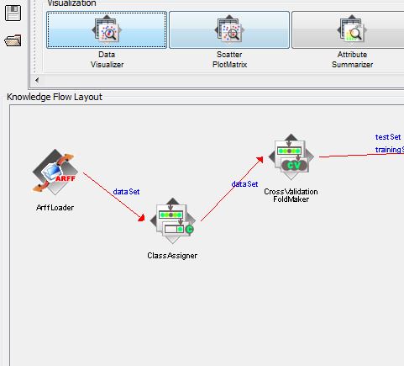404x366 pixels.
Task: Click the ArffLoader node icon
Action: pyautogui.click(x=55, y=172)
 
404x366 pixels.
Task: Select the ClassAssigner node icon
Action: pyautogui.click(x=172, y=220)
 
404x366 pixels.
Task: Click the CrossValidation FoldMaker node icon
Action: pyautogui.click(x=291, y=156)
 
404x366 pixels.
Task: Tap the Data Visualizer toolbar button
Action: pyautogui.click(x=107, y=30)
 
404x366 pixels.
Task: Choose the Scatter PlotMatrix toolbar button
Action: pyautogui.click(x=229, y=30)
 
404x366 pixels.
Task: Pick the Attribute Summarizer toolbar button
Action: pyautogui.click(x=348, y=30)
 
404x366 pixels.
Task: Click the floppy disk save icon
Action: pyautogui.click(x=13, y=13)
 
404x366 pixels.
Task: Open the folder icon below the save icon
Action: pyautogui.click(x=13, y=40)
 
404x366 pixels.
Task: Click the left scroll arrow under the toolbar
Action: pyautogui.click(x=37, y=80)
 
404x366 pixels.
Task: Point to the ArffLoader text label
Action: pyautogui.click(x=55, y=208)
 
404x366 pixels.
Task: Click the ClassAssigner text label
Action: pyautogui.click(x=172, y=256)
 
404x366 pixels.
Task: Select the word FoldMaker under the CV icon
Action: pyautogui.click(x=291, y=199)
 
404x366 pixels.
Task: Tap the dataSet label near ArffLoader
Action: pyautogui.click(x=126, y=192)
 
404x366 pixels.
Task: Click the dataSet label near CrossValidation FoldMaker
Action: pyautogui.click(x=244, y=184)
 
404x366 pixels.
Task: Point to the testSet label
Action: pyautogui.click(x=388, y=137)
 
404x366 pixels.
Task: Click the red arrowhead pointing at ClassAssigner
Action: pyautogui.click(x=142, y=218)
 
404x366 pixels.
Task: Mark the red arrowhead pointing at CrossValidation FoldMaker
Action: pyautogui.click(x=260, y=160)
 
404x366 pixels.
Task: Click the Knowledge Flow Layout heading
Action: pyautogui.click(x=55, y=97)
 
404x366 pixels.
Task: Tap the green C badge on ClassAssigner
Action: pyautogui.click(x=190, y=229)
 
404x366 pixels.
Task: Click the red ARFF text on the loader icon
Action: pyautogui.click(x=66, y=178)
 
